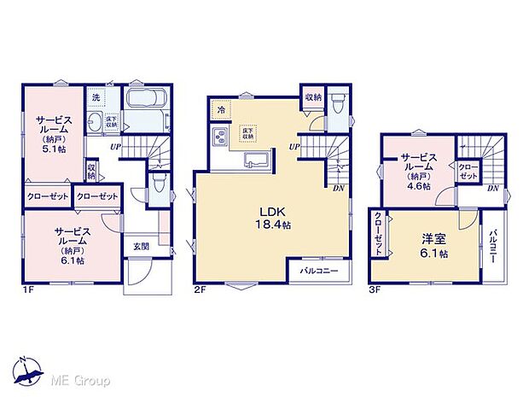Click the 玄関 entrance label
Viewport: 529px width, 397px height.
pos(140,247)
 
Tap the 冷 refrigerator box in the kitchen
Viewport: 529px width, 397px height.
pos(221,109)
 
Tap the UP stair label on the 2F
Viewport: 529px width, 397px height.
pos(294,148)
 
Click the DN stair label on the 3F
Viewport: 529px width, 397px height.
pos(493,189)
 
